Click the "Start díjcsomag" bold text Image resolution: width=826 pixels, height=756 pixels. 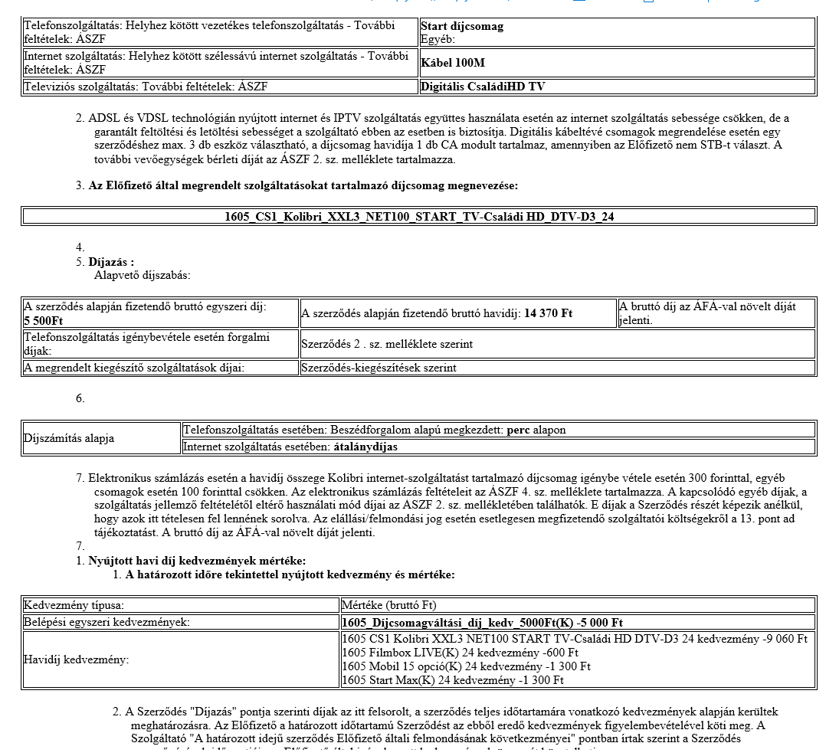[462, 26]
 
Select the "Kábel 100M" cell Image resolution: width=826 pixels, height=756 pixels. [453, 63]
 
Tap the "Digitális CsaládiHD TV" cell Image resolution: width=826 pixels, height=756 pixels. [483, 87]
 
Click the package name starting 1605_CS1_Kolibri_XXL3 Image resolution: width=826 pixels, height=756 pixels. [419, 217]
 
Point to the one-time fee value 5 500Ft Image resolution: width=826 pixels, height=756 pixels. [44, 319]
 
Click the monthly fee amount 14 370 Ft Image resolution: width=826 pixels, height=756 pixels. [548, 313]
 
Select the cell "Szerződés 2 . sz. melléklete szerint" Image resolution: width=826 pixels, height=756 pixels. [387, 344]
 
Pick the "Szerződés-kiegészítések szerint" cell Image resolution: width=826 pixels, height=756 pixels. [379, 368]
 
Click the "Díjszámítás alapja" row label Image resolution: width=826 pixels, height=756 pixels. [69, 438]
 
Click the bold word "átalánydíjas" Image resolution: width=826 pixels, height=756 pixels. [365, 447]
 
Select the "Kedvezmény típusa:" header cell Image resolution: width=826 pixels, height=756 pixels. [74, 605]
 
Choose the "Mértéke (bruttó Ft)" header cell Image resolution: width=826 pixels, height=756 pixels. [389, 605]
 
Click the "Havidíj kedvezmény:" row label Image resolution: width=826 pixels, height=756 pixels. [77, 659]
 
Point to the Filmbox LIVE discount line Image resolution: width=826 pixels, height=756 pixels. [460, 653]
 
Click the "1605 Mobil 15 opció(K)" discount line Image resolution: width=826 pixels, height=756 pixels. [466, 666]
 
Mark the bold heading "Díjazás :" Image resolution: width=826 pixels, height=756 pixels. [111, 262]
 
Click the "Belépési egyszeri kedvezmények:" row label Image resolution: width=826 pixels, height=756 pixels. [107, 622]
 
